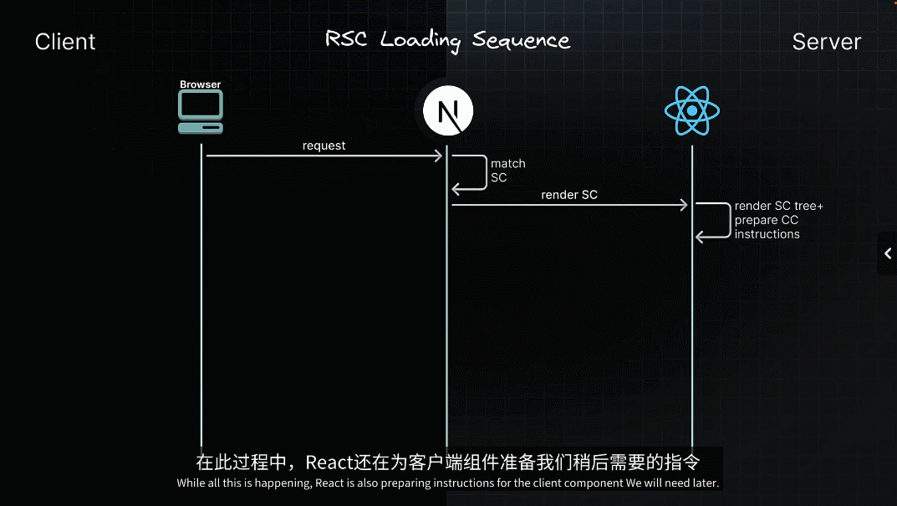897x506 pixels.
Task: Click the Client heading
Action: point(65,42)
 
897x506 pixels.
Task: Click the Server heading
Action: point(826,42)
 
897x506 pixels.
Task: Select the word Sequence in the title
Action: point(521,40)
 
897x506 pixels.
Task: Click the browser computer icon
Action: point(201,112)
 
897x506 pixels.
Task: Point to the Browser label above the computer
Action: point(201,84)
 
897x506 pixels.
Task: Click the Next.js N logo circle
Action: point(447,112)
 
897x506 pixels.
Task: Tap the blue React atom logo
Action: point(691,111)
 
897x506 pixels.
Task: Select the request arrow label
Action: point(324,146)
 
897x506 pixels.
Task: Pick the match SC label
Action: point(507,171)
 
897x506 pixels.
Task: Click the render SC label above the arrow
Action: point(569,195)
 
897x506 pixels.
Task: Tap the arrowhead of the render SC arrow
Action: point(683,205)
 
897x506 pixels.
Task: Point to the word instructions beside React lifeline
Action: point(767,234)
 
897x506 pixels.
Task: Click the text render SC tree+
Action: point(778,206)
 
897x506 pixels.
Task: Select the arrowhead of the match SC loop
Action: point(456,189)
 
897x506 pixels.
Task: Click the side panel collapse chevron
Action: point(888,253)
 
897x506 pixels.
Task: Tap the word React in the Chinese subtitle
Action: point(327,463)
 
